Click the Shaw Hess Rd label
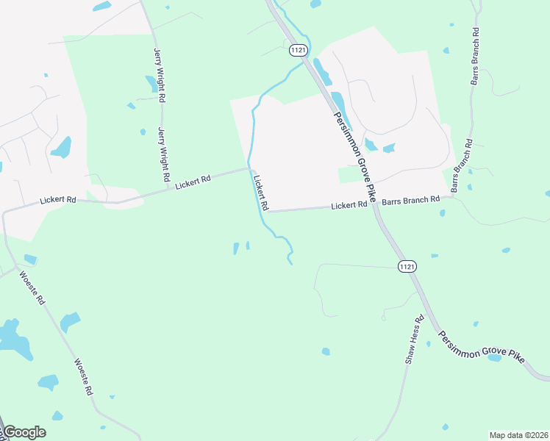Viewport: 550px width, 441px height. (x=415, y=340)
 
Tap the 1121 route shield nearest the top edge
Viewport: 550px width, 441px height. (x=297, y=50)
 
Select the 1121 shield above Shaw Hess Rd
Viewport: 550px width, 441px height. (x=407, y=266)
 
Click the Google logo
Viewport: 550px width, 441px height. (x=24, y=432)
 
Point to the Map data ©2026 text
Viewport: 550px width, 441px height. (x=518, y=434)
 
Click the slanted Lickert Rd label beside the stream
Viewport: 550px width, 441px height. (x=261, y=193)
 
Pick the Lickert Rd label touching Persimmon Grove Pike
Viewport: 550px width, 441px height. (x=349, y=206)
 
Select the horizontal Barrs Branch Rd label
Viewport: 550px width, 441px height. (x=410, y=199)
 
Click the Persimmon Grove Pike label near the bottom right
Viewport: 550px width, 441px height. (x=482, y=346)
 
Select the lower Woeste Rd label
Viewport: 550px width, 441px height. (x=84, y=377)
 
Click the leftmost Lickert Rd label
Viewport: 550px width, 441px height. (x=58, y=199)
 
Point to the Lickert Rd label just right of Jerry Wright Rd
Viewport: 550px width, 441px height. (x=193, y=182)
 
